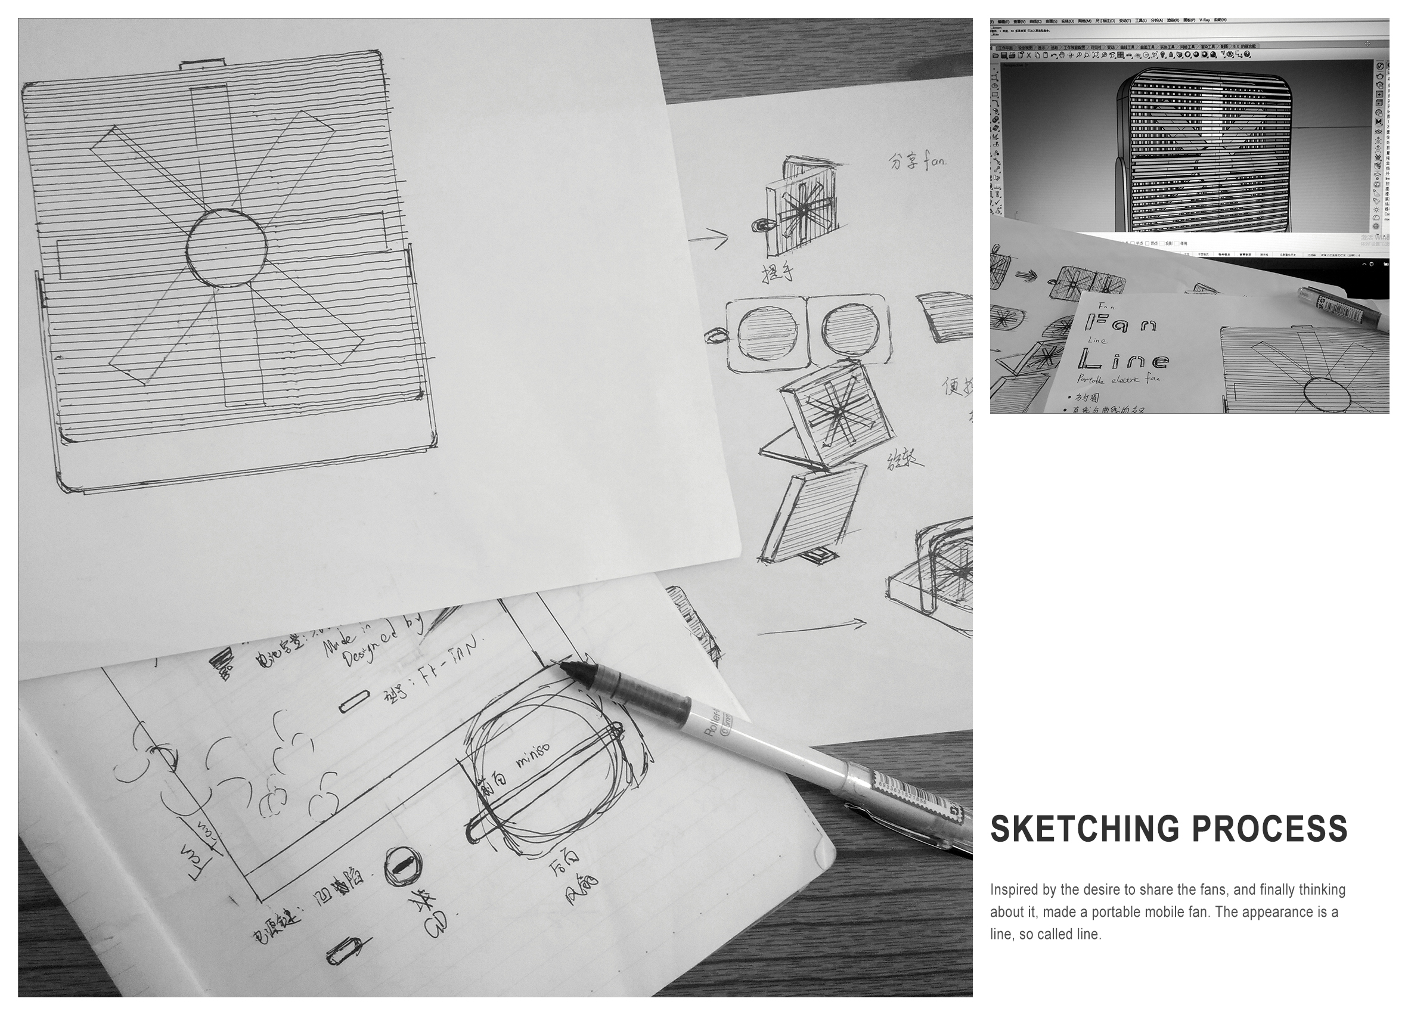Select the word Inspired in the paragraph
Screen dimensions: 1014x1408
click(x=1014, y=890)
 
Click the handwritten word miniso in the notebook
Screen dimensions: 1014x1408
click(x=533, y=759)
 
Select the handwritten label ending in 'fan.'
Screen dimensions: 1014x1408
click(x=917, y=163)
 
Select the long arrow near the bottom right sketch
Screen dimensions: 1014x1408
click(x=811, y=628)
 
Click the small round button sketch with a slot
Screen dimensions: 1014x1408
click(x=402, y=866)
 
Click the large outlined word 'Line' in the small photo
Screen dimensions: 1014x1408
click(x=1124, y=359)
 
